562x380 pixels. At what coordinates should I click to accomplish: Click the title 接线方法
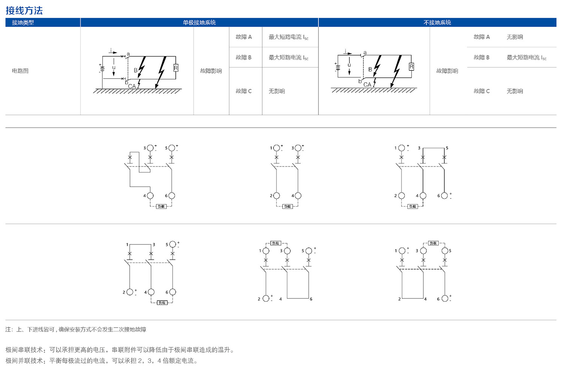(x=24, y=10)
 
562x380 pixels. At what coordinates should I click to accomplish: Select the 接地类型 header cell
(x=23, y=22)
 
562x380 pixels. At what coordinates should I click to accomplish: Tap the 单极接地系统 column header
(x=199, y=22)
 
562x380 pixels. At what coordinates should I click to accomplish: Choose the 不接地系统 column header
(x=437, y=22)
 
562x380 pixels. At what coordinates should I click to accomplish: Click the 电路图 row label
(x=20, y=71)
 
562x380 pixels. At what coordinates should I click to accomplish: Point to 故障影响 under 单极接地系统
(x=211, y=71)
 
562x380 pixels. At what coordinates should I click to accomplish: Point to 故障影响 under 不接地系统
(x=447, y=71)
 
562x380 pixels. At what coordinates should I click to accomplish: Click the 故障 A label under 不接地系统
(x=481, y=37)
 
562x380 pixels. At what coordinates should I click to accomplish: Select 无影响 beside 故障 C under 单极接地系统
(x=277, y=91)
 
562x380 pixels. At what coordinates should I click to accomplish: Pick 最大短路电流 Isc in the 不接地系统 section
(x=526, y=58)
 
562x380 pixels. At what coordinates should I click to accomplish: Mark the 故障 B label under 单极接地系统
(x=244, y=58)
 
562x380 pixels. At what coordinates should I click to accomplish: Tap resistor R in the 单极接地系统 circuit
(x=176, y=68)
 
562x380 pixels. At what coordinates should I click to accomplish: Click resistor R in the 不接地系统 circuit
(x=411, y=67)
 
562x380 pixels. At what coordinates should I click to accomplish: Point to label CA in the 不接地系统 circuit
(x=367, y=85)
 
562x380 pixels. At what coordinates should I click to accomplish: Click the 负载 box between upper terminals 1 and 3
(x=276, y=243)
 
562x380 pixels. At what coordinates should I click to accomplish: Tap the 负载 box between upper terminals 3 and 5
(x=433, y=243)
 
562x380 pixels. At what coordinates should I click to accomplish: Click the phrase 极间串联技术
(x=24, y=350)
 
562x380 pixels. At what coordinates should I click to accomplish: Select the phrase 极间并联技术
(x=24, y=361)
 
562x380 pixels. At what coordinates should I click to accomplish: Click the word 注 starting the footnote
(x=9, y=329)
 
